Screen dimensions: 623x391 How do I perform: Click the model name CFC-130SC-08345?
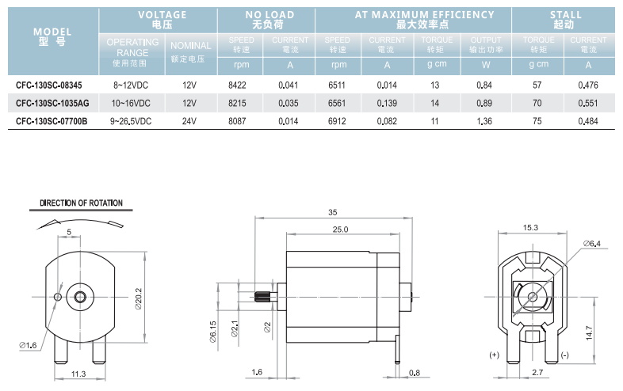[x=49, y=85]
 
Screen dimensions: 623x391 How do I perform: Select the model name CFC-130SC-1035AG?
[x=52, y=103]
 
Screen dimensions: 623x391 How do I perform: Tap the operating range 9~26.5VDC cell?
[x=131, y=121]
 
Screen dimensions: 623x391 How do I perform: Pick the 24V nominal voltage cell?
[x=189, y=121]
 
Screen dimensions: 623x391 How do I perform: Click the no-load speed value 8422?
[x=237, y=85]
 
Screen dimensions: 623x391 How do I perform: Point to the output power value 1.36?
[x=484, y=121]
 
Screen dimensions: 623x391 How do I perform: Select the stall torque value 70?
[x=537, y=103]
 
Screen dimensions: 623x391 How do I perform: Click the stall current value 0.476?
[x=588, y=85]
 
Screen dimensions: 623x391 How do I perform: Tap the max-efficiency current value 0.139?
[x=387, y=103]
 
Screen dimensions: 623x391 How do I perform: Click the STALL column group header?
[x=565, y=20]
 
